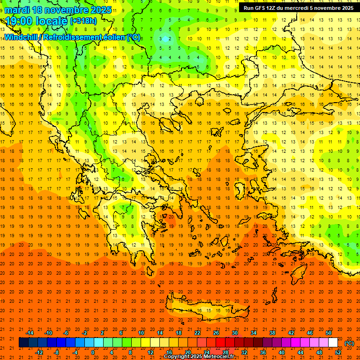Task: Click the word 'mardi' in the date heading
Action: pos(16,10)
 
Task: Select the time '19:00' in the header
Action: pos(21,21)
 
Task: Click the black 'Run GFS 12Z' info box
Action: pos(299,8)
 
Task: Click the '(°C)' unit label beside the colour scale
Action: pos(349,343)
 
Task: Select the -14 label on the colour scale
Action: pos(30,333)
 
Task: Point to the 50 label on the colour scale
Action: pos(329,333)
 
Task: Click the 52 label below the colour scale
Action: pos(338,352)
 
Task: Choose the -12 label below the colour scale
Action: pos(39,352)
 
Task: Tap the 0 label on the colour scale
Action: pos(93,352)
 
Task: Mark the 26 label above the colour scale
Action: pos(216,333)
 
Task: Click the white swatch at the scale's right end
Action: pos(333,343)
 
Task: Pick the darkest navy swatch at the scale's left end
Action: pos(23,343)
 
